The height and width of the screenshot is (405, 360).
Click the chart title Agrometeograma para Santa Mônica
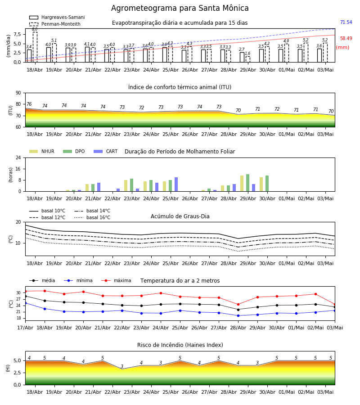point(180,8)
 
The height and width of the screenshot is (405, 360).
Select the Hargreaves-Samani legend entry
point(57,17)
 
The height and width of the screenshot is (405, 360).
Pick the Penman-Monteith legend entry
point(55,24)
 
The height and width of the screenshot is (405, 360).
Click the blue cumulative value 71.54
point(346,22)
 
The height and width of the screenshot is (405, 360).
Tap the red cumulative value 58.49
point(346,39)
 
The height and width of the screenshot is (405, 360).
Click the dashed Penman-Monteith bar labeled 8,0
point(35,47)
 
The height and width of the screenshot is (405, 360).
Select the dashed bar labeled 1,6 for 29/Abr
point(248,59)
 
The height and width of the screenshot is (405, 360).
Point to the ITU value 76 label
point(29,104)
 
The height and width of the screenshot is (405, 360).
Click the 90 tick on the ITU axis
point(18,93)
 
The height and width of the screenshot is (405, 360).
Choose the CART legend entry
point(106,151)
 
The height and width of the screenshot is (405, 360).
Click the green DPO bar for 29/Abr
point(248,183)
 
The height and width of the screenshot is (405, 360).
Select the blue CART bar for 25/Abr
point(176,184)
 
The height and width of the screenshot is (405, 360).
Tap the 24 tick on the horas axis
point(18,157)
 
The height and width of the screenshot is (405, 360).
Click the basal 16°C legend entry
point(92,217)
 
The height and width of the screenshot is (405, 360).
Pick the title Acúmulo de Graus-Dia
point(180,216)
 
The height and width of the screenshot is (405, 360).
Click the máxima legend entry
point(116,280)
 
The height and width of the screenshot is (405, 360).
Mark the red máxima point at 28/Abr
point(238,305)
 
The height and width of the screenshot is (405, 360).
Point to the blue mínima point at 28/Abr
point(238,315)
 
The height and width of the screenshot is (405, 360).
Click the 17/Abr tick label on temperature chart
point(25,328)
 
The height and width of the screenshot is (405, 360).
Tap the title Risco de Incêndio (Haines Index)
point(180,345)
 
